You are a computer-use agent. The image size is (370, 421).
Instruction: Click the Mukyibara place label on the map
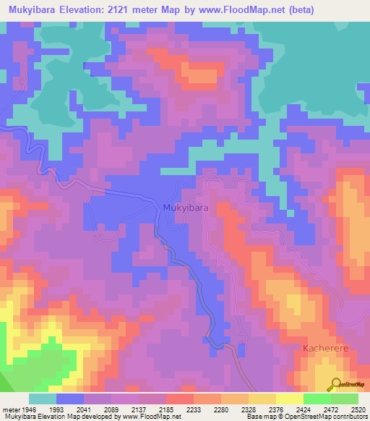(186, 208)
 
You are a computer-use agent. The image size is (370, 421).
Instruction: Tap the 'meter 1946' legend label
(16, 410)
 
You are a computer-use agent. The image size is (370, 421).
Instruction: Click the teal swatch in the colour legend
(43, 399)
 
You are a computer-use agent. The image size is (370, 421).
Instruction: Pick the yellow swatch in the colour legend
(262, 399)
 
